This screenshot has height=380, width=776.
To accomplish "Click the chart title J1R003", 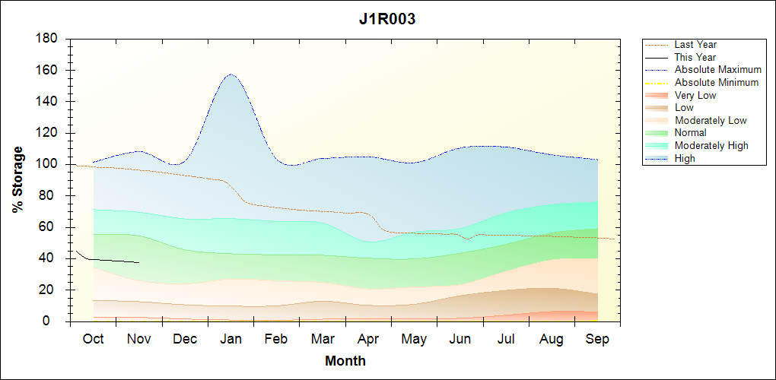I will pyautogui.click(x=387, y=19).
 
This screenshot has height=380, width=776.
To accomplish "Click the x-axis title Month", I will pyautogui.click(x=345, y=361).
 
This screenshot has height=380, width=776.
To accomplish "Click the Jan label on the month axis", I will pyautogui.click(x=231, y=339).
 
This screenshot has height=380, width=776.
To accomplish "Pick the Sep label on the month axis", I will pyautogui.click(x=597, y=339).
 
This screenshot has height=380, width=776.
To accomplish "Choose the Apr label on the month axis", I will pyautogui.click(x=368, y=339).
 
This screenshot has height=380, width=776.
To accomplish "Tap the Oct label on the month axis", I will pyautogui.click(x=93, y=339).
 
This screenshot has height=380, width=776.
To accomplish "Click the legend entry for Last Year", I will pyautogui.click(x=695, y=45).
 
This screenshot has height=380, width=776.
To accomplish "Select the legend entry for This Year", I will pyautogui.click(x=695, y=57).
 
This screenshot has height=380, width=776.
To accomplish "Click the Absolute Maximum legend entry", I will pyautogui.click(x=717, y=70).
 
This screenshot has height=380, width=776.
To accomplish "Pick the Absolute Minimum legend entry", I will pyautogui.click(x=717, y=82).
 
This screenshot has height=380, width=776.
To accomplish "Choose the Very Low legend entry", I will pyautogui.click(x=695, y=95).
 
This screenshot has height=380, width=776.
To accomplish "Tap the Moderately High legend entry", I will pyautogui.click(x=711, y=145).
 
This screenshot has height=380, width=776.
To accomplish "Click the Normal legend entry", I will pyautogui.click(x=691, y=133).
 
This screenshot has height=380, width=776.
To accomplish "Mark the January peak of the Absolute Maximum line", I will pyautogui.click(x=230, y=74).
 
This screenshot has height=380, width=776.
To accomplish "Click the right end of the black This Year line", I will pyautogui.click(x=139, y=262).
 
